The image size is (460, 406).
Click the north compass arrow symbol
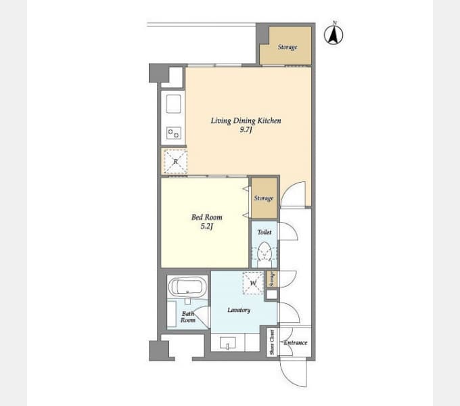[x=333, y=35]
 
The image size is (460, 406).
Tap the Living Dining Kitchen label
[x=246, y=121]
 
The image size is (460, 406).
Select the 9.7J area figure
[x=246, y=130]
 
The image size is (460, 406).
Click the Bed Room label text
[x=206, y=217]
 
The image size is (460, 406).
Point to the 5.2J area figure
[x=206, y=227]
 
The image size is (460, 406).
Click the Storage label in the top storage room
[x=287, y=47]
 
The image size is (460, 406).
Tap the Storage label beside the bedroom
[x=264, y=198]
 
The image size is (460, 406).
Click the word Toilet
[x=264, y=232]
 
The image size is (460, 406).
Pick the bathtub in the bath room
[x=187, y=286]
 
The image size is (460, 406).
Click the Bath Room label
[x=188, y=317]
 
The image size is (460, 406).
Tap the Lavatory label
[x=239, y=310]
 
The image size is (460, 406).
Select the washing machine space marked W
[x=253, y=283]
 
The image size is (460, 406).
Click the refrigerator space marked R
[x=175, y=161]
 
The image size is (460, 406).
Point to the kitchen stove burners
[x=173, y=133]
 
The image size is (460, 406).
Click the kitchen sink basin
[x=173, y=104]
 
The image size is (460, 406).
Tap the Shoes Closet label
[x=272, y=342]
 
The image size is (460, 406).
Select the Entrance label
[x=296, y=342]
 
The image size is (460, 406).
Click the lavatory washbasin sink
[x=228, y=342]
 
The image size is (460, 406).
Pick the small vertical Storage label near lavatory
[x=272, y=279]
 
